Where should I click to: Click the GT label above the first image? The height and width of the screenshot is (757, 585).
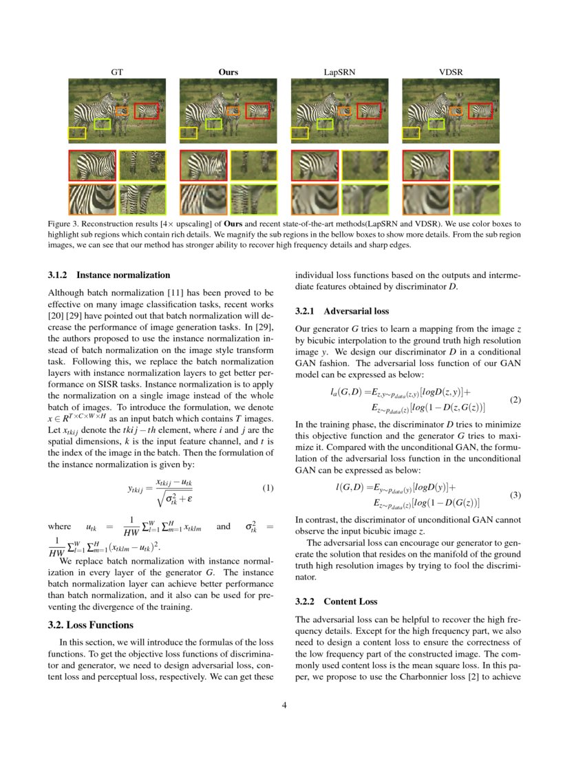[116, 72]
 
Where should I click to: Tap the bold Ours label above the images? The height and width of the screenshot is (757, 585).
[228, 72]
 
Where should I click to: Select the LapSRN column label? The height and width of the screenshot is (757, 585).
[339, 72]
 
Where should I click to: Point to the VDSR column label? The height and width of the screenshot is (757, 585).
[451, 72]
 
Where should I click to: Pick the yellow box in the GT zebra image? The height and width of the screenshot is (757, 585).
[76, 133]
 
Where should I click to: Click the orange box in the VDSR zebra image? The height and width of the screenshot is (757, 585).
[456, 109]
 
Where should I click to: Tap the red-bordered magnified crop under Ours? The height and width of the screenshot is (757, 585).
[204, 166]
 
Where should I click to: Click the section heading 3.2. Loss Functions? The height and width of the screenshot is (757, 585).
[91, 626]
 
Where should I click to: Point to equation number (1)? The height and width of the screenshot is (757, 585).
[268, 489]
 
